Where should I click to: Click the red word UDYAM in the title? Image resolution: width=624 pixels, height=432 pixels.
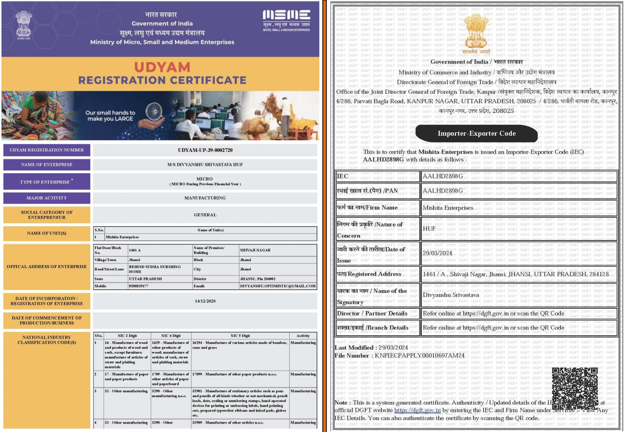click(x=162, y=67)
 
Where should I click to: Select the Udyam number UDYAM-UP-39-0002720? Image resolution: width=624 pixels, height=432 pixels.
click(x=205, y=150)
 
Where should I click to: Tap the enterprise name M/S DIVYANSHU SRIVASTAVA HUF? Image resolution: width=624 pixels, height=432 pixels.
click(x=205, y=165)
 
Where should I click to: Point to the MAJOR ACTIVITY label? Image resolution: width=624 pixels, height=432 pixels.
click(x=47, y=198)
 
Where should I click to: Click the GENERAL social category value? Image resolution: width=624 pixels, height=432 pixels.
click(x=205, y=215)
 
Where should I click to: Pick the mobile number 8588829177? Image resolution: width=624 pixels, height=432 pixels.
click(x=139, y=286)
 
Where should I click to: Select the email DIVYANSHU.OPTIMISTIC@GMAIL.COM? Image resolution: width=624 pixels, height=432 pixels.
click(x=277, y=286)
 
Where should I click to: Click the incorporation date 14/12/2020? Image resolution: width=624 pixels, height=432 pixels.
click(x=205, y=301)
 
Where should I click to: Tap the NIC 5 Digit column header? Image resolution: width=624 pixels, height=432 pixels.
click(x=240, y=336)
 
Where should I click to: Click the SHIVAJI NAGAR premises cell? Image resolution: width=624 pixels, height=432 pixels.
click(x=255, y=250)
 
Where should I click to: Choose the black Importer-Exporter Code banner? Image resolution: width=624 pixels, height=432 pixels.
click(x=476, y=133)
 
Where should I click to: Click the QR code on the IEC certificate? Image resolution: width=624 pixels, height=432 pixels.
click(x=575, y=388)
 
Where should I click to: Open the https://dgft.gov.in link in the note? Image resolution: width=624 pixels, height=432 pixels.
click(x=417, y=410)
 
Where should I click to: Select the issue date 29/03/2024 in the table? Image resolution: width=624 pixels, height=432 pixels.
click(x=438, y=253)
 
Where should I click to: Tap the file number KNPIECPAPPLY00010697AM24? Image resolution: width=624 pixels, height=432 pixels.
click(x=420, y=356)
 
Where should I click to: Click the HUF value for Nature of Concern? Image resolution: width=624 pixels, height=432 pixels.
click(x=429, y=229)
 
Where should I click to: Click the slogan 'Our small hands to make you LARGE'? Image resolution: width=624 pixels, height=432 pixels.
click(x=110, y=116)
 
